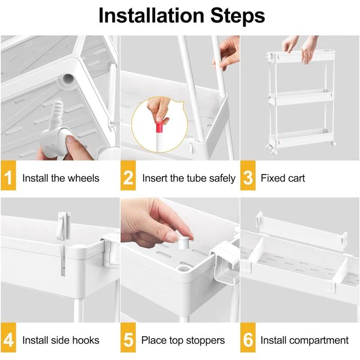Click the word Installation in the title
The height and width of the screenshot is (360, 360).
pos(151,16)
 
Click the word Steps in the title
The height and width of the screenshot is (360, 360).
pos(238,16)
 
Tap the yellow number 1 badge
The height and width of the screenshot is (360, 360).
pos(8,175)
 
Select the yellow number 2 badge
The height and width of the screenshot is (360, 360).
pos(128,175)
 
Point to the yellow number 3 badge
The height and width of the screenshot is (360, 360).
pos(248,175)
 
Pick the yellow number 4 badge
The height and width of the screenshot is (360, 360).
pos(8,337)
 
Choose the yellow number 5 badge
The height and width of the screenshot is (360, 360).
pos(128,337)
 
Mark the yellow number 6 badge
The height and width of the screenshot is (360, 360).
pos(248,337)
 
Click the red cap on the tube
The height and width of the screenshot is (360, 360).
pos(159,125)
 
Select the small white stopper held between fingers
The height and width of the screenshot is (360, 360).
pos(184,242)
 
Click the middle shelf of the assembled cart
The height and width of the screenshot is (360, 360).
pos(301,97)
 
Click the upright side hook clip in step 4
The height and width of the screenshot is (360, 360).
pos(64,226)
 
